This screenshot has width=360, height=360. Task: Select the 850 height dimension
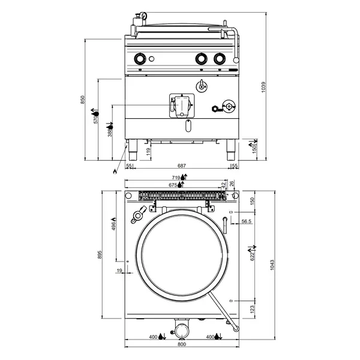coord(84,100)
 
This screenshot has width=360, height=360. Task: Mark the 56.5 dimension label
coord(246,221)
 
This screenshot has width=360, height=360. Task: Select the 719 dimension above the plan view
coord(176,178)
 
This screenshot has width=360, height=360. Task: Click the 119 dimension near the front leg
coord(147,152)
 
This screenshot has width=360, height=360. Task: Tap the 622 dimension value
coord(253,257)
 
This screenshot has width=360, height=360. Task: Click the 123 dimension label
coord(253,309)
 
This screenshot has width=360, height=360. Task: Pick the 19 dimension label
coord(119,271)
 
